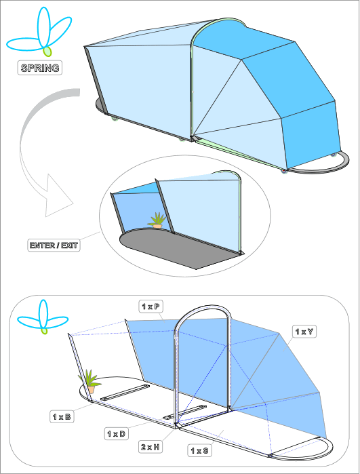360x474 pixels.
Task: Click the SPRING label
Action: [x=39, y=68]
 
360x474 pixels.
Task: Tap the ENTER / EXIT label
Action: [x=54, y=245]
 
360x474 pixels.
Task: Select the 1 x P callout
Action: [x=151, y=307]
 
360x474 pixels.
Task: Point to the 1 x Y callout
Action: [x=304, y=332]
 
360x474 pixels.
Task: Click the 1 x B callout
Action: [x=62, y=416]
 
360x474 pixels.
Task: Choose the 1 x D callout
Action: [x=117, y=434]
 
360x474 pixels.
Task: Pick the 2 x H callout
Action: [x=151, y=447]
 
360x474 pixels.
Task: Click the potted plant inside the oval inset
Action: [x=157, y=220]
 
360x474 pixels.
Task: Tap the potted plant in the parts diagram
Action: [x=90, y=382]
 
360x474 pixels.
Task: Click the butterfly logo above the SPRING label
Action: [x=39, y=31]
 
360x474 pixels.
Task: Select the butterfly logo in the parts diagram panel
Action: [x=43, y=317]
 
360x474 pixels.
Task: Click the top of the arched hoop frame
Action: [x=203, y=307]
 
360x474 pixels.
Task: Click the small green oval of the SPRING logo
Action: [x=47, y=52]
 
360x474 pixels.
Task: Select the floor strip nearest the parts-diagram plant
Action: [x=125, y=393]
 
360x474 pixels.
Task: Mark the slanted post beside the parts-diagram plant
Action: [x=79, y=368]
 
